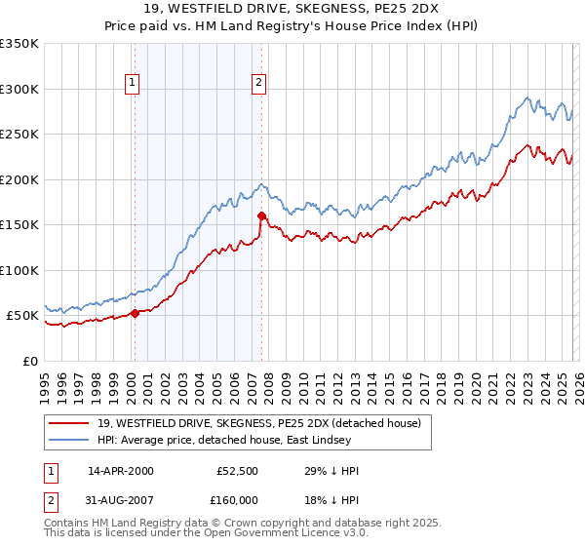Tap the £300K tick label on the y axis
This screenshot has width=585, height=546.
[x=19, y=89]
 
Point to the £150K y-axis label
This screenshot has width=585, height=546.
[x=19, y=224]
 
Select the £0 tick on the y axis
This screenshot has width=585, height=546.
[x=30, y=361]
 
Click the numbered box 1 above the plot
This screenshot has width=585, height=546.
[x=133, y=84]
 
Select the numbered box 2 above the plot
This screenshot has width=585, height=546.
[x=259, y=84]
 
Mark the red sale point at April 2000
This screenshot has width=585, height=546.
[x=135, y=313]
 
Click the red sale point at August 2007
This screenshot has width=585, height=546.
[x=261, y=215]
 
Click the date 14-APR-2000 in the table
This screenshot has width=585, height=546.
[x=120, y=471]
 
